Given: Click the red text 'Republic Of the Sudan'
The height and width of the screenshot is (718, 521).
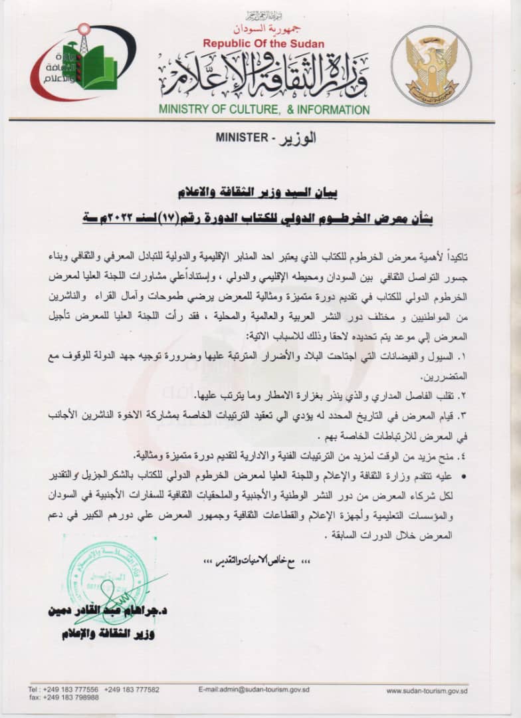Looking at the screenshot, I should click(264, 44).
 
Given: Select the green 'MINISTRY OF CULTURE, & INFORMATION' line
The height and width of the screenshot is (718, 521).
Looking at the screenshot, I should click(264, 110).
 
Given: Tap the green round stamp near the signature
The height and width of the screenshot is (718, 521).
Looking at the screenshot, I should click(107, 572).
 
